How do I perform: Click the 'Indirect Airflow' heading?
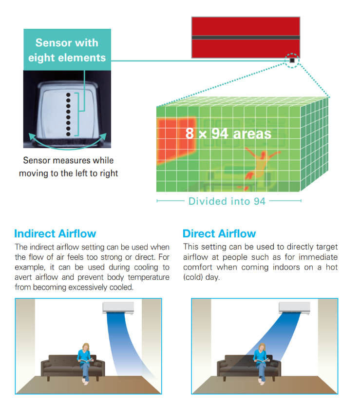[x=55, y=233]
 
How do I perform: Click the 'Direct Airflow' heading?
[x=219, y=233]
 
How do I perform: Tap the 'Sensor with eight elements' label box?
[x=67, y=49]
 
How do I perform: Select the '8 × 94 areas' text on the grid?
[x=228, y=134]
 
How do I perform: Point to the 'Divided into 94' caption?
[x=227, y=201]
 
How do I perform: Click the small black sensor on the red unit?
[x=292, y=60]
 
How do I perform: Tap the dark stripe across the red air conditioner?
[x=246, y=38]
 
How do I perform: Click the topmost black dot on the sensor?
[x=68, y=95]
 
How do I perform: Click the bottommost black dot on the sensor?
[x=68, y=134]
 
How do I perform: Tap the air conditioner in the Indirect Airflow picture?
[x=118, y=308]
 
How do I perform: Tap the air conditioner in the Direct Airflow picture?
[x=294, y=308]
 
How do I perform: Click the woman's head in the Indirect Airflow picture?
[x=86, y=347]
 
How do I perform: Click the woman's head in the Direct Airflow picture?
[x=262, y=347]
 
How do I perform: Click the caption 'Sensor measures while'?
[x=68, y=160]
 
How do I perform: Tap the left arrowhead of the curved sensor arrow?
[x=31, y=136]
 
